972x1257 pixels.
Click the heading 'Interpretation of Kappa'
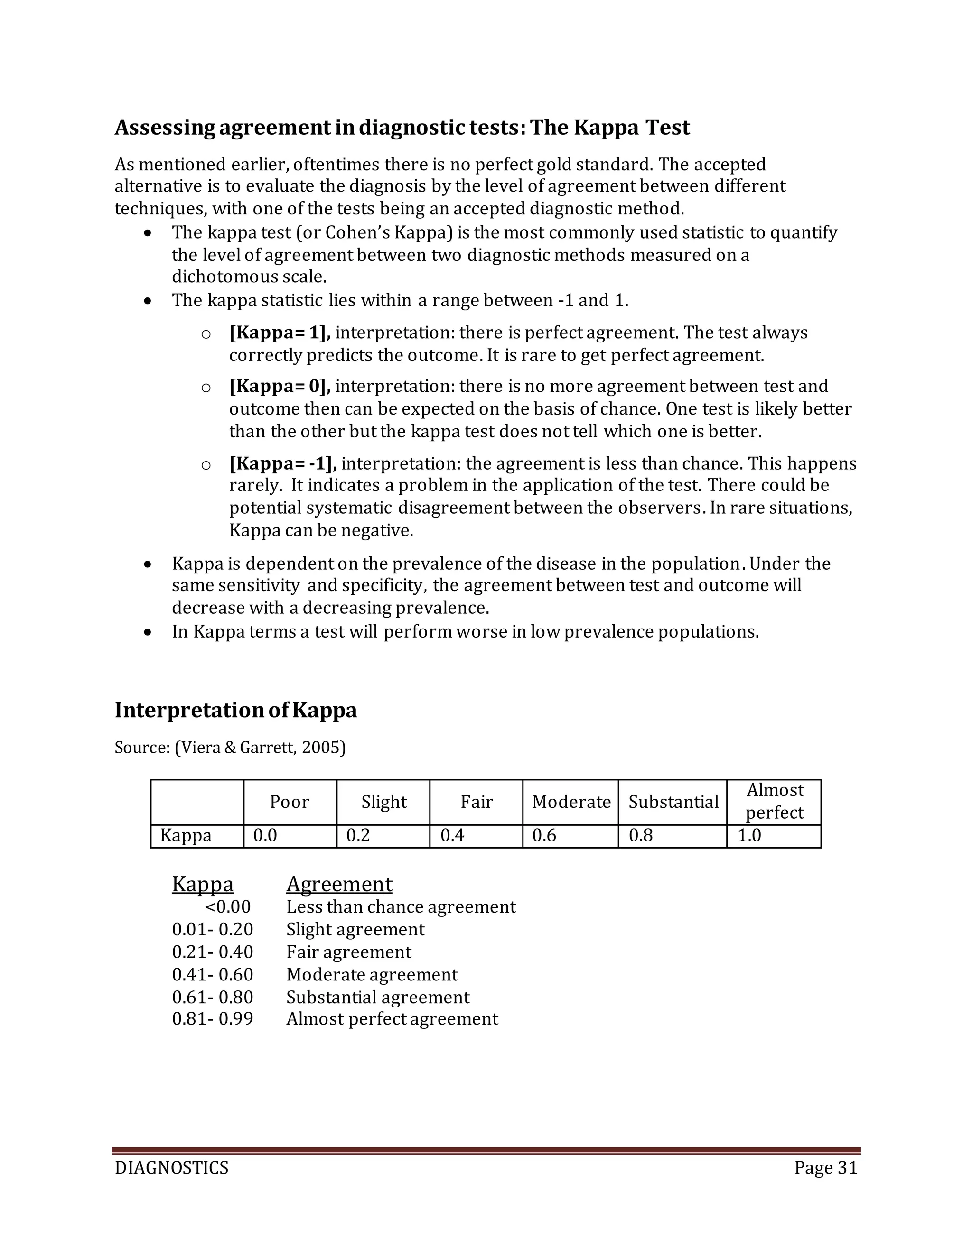tap(235, 710)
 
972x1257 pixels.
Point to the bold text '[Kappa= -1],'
tap(283, 463)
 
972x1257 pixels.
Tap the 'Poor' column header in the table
tap(289, 802)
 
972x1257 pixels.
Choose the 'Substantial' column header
tap(673, 802)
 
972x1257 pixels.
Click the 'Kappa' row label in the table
tap(186, 835)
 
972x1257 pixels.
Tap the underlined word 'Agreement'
tap(339, 884)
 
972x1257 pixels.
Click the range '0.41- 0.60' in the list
tap(213, 974)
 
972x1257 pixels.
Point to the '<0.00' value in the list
tap(228, 907)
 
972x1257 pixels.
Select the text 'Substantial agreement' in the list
tap(378, 997)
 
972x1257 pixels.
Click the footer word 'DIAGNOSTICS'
tap(172, 1168)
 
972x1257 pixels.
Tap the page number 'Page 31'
tap(826, 1168)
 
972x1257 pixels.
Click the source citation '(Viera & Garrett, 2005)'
tap(260, 748)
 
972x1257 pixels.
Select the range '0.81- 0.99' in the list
tap(213, 1019)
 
